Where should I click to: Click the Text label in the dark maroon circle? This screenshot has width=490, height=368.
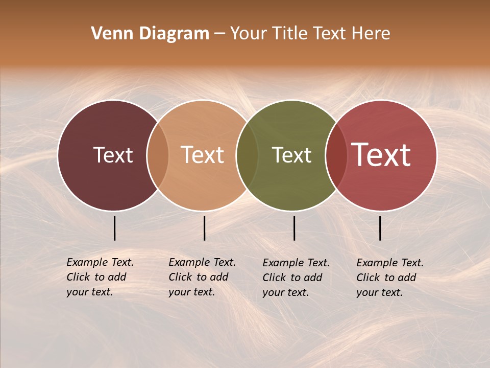pyautogui.click(x=113, y=155)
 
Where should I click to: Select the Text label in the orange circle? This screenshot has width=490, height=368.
pyautogui.click(x=202, y=155)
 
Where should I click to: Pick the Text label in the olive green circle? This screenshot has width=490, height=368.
pyautogui.click(x=291, y=155)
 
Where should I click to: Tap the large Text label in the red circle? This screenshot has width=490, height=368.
pyautogui.click(x=381, y=155)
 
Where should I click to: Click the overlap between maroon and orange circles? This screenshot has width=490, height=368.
pyautogui.click(x=158, y=155)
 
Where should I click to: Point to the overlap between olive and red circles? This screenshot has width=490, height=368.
pyautogui.click(x=336, y=155)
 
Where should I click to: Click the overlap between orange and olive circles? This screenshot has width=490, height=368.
pyautogui.click(x=247, y=155)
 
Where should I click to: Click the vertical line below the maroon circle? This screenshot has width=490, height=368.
pyautogui.click(x=115, y=228)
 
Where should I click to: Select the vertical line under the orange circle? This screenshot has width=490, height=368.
pyautogui.click(x=204, y=228)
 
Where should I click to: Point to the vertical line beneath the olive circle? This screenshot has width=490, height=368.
pyautogui.click(x=294, y=228)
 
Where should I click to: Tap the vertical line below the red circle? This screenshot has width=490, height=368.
pyautogui.click(x=380, y=228)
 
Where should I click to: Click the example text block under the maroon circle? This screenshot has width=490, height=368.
pyautogui.click(x=100, y=277)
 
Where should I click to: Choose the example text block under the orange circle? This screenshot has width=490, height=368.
pyautogui.click(x=202, y=277)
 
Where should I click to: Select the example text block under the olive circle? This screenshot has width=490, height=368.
pyautogui.click(x=296, y=278)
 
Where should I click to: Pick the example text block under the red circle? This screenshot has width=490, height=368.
pyautogui.click(x=389, y=278)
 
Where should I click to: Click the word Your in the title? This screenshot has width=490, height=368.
pyautogui.click(x=248, y=34)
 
